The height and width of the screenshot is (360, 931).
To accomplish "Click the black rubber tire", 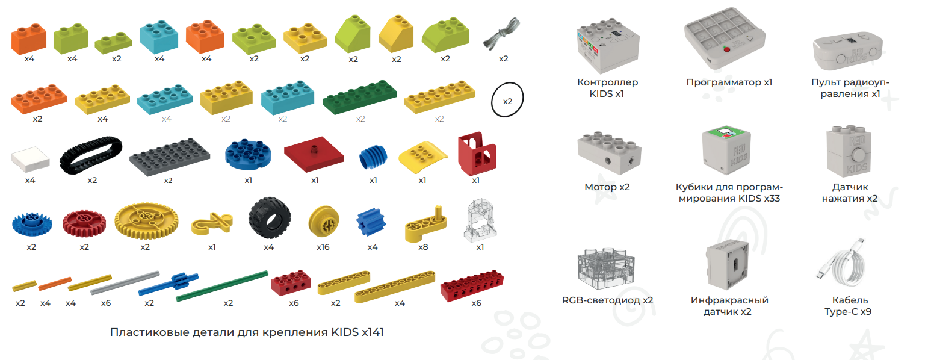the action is pos(270,218).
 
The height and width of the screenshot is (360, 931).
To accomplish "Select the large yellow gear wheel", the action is pos(146,221).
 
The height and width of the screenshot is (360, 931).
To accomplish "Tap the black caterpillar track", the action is pos(91,155).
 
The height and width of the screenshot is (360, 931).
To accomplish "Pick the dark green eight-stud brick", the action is pos(359,97).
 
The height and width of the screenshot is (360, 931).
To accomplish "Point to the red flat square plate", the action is pos(314,154).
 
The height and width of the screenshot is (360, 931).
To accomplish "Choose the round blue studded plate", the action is pos(248,154).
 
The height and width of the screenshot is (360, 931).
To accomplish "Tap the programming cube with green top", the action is pos(726,151).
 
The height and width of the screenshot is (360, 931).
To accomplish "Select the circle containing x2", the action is pos(507,100).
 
